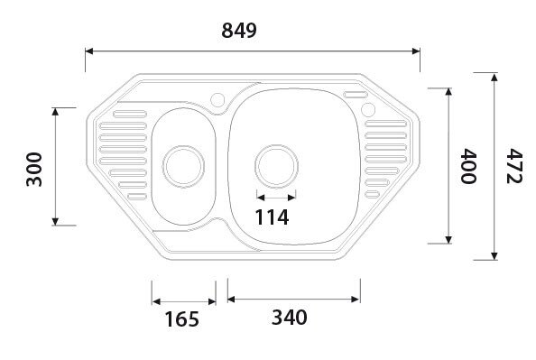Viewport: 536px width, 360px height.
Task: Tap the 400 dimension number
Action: click(x=467, y=166)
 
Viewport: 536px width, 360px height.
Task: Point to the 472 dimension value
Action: click(x=514, y=166)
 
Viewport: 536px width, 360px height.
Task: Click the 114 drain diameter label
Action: click(x=272, y=217)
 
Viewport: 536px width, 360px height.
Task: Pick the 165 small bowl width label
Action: click(x=181, y=318)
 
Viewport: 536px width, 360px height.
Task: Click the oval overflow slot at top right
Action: click(x=356, y=93)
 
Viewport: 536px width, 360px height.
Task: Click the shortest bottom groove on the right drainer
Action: click(x=371, y=192)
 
